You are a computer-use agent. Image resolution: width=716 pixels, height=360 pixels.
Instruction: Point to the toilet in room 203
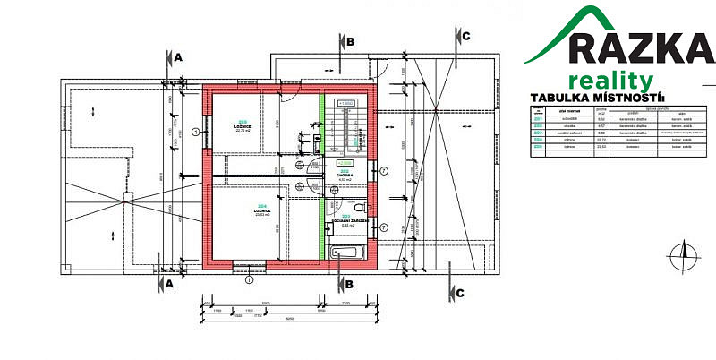[317, 141]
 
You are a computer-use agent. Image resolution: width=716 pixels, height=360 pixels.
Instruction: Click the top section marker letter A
[178, 56]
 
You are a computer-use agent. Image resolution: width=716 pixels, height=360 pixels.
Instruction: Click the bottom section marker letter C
[460, 292]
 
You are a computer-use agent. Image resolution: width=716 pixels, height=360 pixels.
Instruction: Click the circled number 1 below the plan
[248, 279]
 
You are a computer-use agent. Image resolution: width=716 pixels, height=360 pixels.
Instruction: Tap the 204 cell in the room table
[539, 140]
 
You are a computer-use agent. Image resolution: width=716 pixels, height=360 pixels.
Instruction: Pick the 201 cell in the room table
[539, 120]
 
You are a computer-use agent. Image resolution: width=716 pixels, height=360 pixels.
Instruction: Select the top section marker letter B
[351, 41]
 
